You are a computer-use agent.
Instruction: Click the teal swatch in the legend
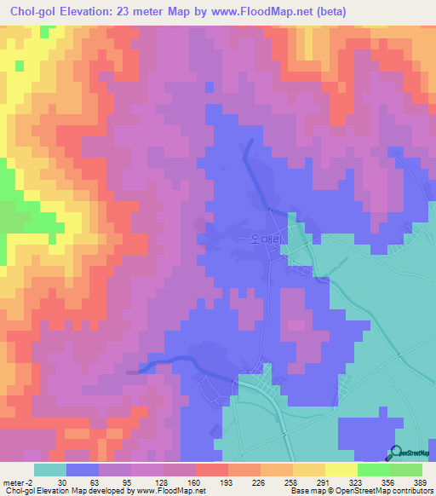pos(49,470)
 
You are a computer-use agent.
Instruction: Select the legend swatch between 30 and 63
pos(82,470)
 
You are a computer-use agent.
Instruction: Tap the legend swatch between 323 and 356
pos(374,470)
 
